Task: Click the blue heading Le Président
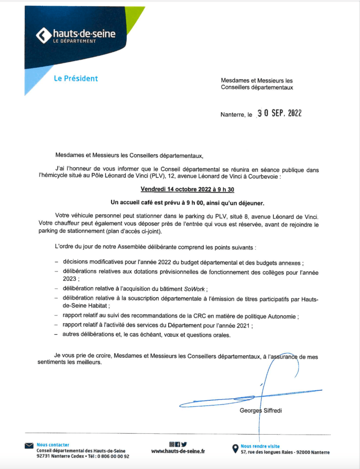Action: click(76, 78)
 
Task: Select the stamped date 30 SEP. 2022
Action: click(280, 114)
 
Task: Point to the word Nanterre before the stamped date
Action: click(233, 115)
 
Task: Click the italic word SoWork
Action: click(195, 289)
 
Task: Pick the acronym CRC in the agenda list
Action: click(193, 316)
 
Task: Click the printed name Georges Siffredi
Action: click(261, 410)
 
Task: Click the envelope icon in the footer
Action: click(30, 445)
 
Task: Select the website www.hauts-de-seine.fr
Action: click(178, 452)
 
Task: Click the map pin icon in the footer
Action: click(235, 448)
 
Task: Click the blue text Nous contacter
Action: click(53, 445)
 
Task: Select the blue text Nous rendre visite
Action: click(260, 446)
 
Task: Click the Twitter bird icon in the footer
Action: click(184, 444)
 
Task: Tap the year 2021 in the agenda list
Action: click(243, 326)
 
